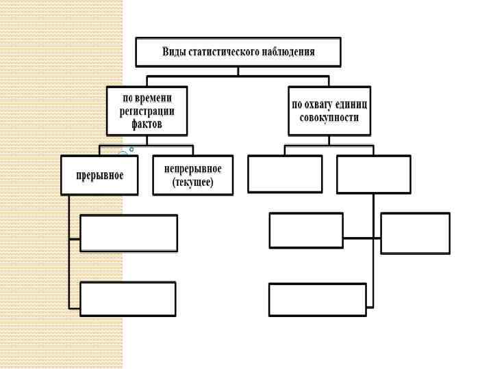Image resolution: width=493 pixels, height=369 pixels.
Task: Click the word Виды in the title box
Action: [x=173, y=52]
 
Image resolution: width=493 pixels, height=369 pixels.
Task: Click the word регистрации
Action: [x=149, y=111]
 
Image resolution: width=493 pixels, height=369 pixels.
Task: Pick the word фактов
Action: [x=148, y=124]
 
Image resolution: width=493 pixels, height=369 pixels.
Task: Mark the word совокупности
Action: [x=329, y=118]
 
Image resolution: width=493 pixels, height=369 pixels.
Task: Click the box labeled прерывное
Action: [x=100, y=176]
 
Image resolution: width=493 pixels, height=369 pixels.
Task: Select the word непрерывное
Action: [x=193, y=168]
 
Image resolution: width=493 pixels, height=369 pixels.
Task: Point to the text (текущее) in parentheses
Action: [x=193, y=182]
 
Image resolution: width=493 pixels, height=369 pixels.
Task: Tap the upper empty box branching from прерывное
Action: [x=129, y=233]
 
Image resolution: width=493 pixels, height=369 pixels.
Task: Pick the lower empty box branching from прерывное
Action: [x=128, y=299]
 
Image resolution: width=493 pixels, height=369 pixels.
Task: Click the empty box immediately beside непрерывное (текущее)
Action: [x=285, y=174]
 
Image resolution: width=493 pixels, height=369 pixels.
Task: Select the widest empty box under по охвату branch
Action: [x=318, y=299]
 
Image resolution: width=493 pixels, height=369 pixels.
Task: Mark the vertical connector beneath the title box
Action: [x=238, y=70]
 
